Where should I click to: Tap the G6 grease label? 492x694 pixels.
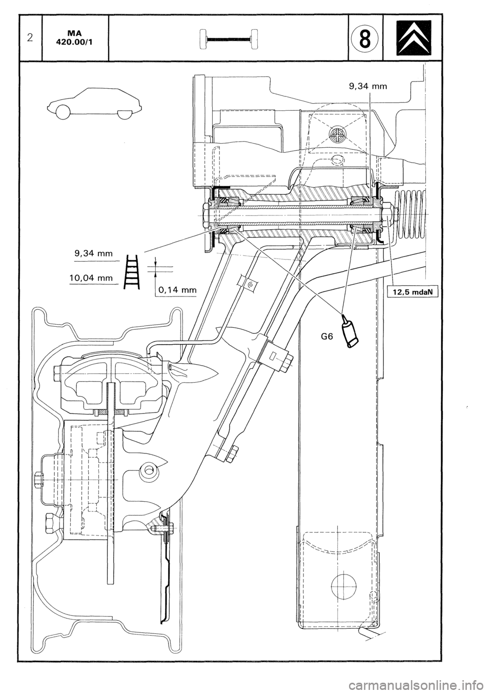point(326,337)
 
